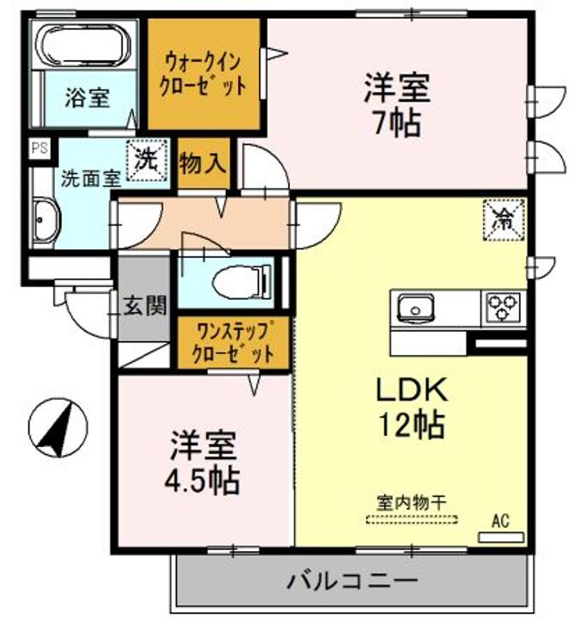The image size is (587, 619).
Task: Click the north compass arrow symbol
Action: tap(54, 427)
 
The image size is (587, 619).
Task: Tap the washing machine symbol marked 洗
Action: tap(146, 159)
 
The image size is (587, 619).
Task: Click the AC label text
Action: tap(500, 520)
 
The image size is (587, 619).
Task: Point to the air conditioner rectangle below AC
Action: tap(500, 536)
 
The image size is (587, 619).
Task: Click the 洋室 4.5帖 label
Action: tap(203, 465)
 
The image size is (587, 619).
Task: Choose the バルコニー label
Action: tap(352, 580)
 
